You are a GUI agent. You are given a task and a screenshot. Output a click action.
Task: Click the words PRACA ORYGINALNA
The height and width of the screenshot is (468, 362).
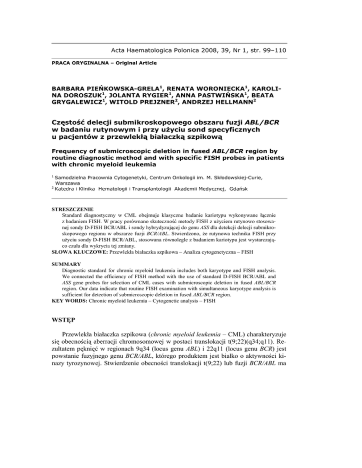(74, 63)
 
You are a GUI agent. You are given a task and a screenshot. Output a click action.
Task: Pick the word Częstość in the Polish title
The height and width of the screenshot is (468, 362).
(72, 124)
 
